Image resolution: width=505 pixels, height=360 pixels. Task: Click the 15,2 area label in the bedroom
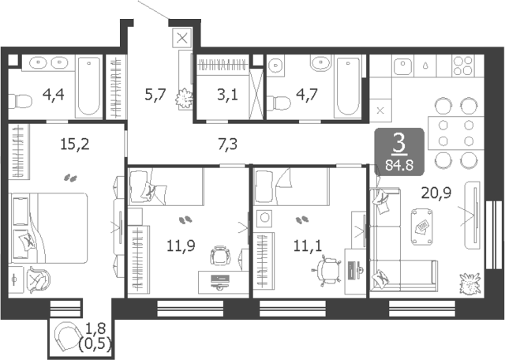point(75,144)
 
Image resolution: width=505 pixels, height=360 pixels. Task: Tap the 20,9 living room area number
point(436,193)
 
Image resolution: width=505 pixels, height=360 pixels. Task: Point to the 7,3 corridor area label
point(228,144)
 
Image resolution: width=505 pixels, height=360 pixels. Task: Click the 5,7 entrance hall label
point(155,95)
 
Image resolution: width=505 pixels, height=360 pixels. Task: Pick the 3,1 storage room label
point(227,95)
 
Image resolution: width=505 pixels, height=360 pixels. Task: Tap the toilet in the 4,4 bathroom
point(20,101)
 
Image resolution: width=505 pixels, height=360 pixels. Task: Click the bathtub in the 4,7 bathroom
point(348,86)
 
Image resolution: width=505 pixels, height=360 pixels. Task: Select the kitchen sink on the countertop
point(403,66)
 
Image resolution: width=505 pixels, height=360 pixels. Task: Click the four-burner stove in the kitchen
point(463,66)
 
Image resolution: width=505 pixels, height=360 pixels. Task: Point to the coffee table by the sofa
point(422,227)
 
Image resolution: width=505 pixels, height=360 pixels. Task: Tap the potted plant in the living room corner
point(469,283)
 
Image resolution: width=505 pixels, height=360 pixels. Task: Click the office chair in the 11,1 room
point(326,270)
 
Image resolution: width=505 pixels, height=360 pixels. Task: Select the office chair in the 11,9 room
point(220,256)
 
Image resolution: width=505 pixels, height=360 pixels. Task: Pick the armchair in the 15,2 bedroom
point(39,279)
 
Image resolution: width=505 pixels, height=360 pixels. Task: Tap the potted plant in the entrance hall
point(184,98)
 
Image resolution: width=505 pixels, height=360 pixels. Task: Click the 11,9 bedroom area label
point(181,246)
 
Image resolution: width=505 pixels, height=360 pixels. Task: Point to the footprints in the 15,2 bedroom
point(70,178)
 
